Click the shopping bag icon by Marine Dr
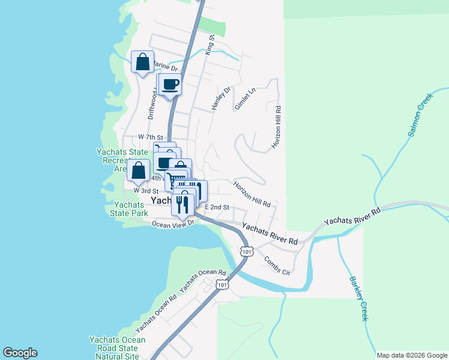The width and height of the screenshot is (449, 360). pyautogui.click(x=142, y=62)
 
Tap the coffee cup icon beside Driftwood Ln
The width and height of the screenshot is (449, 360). pyautogui.click(x=170, y=85)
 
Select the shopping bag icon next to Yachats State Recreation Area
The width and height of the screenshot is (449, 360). pyautogui.click(x=139, y=171)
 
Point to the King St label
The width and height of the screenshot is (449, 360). pyautogui.click(x=211, y=46)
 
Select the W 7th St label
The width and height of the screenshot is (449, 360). pyautogui.click(x=150, y=137)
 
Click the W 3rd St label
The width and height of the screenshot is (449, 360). pyautogui.click(x=145, y=190)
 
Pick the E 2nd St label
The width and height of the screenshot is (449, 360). pyautogui.click(x=217, y=207)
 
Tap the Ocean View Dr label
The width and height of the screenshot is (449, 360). pyautogui.click(x=174, y=224)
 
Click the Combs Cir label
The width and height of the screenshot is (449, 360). pyautogui.click(x=277, y=265)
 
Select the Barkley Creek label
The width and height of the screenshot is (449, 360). pyautogui.click(x=358, y=298)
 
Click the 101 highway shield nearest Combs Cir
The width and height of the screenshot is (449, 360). pyautogui.click(x=246, y=251)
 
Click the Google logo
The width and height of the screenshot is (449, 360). pyautogui.click(x=20, y=353)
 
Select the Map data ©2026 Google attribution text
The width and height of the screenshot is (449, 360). pyautogui.click(x=411, y=355)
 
